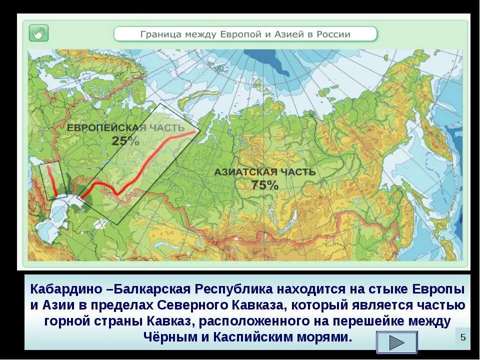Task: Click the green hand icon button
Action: (x=38, y=33)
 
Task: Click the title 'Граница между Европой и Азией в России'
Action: (x=245, y=34)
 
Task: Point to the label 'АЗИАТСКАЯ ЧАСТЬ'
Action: (x=265, y=172)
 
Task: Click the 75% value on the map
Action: (x=264, y=185)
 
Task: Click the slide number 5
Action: (x=462, y=337)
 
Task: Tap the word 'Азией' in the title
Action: (x=289, y=34)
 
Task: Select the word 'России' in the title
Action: (x=333, y=34)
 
